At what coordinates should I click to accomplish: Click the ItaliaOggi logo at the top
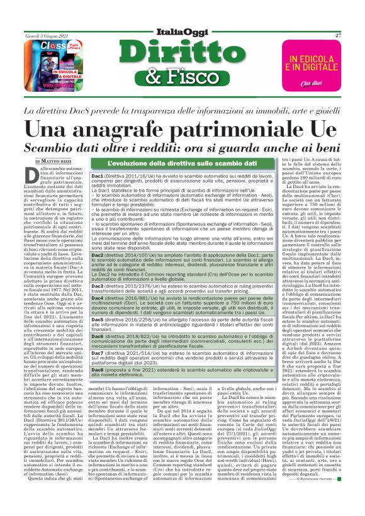[182, 31]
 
